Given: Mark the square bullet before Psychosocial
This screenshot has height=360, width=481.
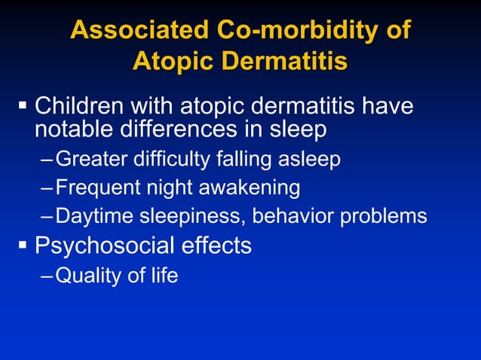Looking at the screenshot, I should [22, 244].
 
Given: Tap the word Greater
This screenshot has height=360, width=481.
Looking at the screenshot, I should [90, 159].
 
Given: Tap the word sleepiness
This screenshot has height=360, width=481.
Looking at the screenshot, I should [188, 217].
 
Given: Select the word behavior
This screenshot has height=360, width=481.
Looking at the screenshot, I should [293, 217].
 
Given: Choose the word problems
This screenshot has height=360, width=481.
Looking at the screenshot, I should [384, 217].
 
